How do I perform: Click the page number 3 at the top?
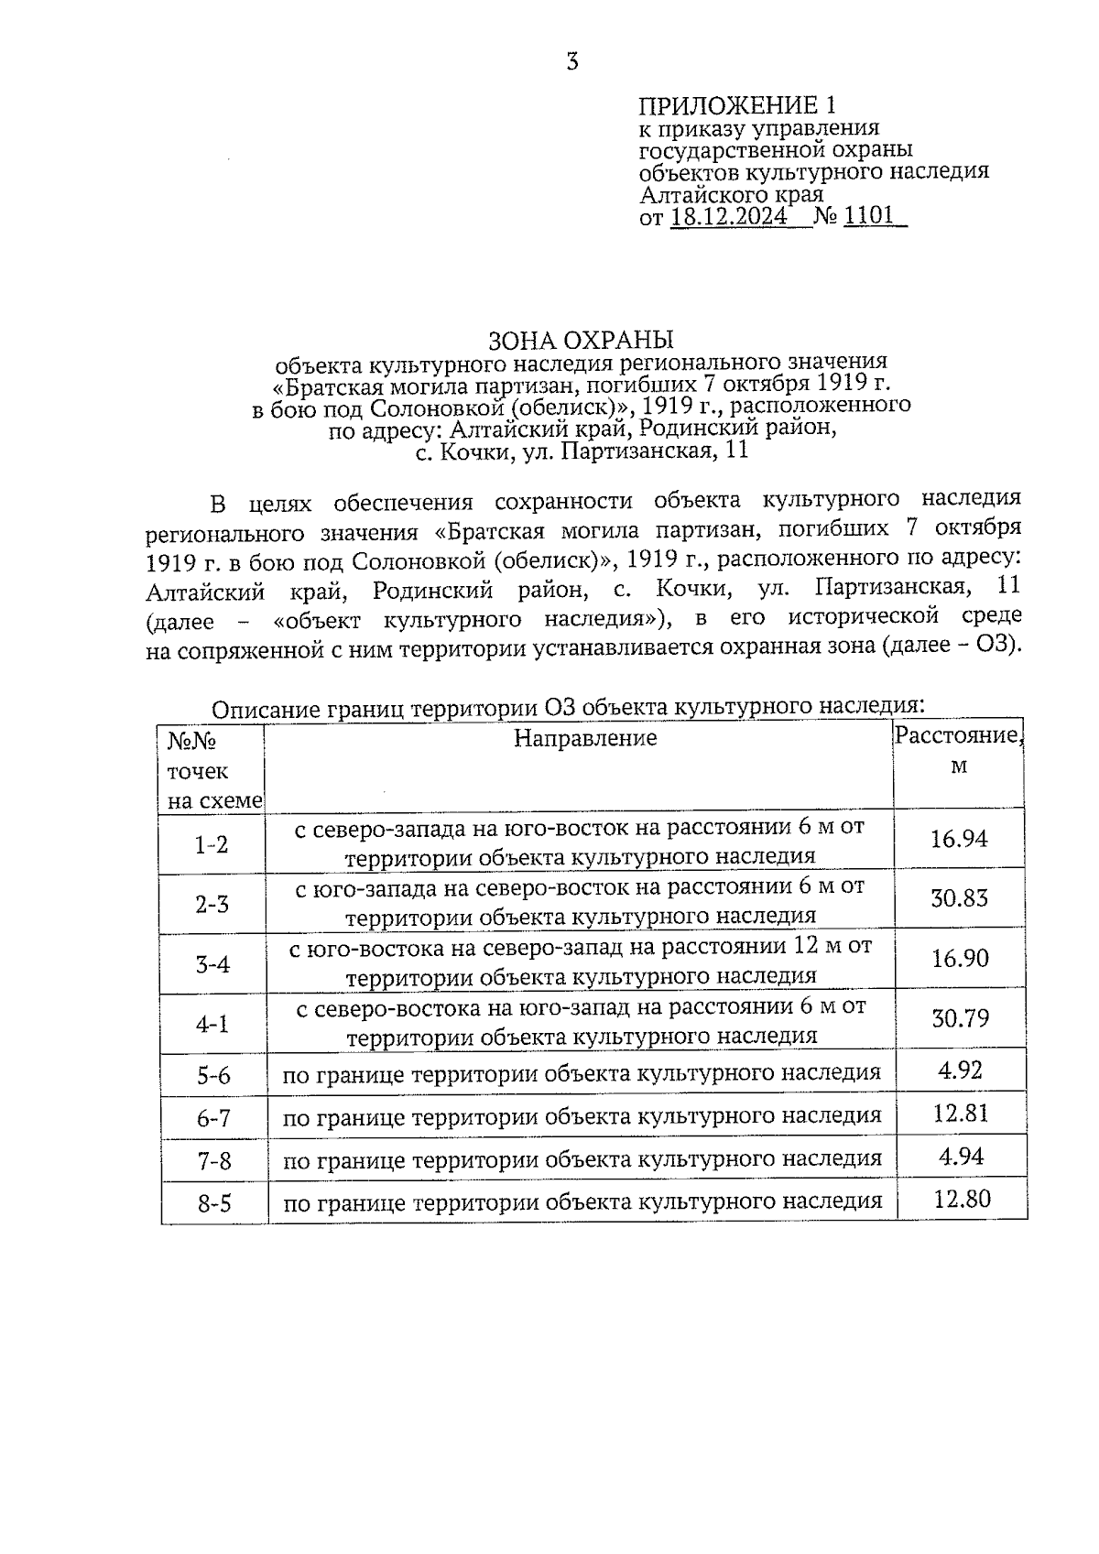tap(572, 62)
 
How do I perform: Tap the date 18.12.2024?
tap(728, 217)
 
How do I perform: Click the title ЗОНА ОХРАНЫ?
tap(582, 340)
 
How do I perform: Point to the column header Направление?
tap(585, 738)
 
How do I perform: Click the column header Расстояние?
tap(957, 735)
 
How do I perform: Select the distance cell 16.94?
tap(959, 839)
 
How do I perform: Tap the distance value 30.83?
tap(959, 898)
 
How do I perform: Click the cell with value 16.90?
tap(959, 959)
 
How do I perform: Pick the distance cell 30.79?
tap(960, 1018)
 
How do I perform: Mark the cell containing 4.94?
tap(961, 1157)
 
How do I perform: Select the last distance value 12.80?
tap(961, 1200)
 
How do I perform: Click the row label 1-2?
tap(212, 844)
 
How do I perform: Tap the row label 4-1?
tap(212, 1024)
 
